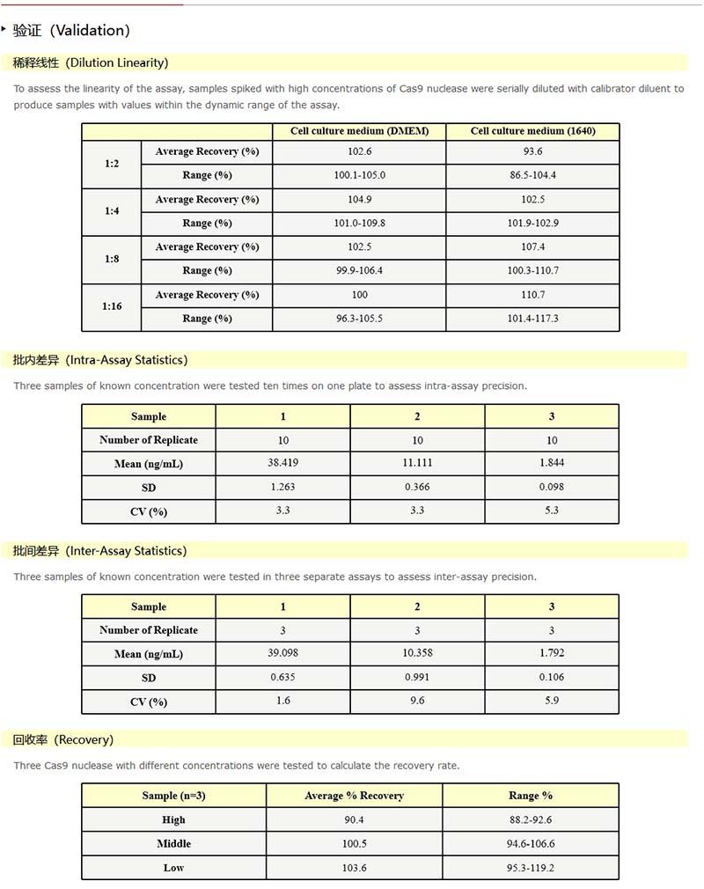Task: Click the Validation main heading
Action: click(71, 31)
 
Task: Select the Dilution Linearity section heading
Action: click(91, 62)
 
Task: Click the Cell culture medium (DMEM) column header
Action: click(359, 131)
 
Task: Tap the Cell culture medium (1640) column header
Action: click(532, 131)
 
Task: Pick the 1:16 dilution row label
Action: click(112, 306)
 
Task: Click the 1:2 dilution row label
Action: click(112, 164)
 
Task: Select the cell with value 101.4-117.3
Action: click(532, 319)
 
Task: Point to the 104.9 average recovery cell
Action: click(359, 200)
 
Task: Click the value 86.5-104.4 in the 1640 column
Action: click(532, 175)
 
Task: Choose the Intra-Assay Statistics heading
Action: click(100, 360)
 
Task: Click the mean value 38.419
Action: click(282, 463)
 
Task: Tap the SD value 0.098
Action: click(552, 487)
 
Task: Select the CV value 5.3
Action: click(552, 511)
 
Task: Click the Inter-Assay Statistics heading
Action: click(99, 551)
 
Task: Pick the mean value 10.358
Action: click(417, 653)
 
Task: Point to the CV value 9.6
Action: click(417, 702)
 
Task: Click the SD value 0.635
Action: click(282, 678)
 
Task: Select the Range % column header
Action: click(531, 796)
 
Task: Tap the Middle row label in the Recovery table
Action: click(173, 844)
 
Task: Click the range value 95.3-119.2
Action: click(531, 868)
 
